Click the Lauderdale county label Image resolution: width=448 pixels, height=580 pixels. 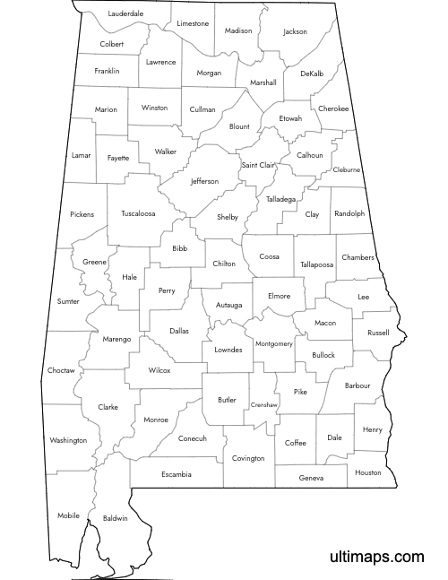click(x=125, y=14)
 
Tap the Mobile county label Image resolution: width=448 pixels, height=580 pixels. click(x=68, y=515)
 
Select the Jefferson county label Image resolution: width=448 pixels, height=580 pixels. click(x=204, y=181)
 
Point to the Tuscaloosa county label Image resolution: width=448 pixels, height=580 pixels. click(x=138, y=213)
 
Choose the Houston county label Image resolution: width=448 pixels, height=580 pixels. click(x=367, y=472)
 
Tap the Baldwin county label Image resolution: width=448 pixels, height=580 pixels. click(x=116, y=518)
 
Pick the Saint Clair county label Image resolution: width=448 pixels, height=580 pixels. click(x=257, y=165)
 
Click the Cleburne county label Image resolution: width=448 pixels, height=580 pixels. click(x=346, y=169)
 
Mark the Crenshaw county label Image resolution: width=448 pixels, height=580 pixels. click(x=263, y=404)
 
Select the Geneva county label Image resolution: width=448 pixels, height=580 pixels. click(x=311, y=478)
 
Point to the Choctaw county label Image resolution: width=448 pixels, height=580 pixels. click(x=61, y=369)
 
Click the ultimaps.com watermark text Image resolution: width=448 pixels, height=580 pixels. click(x=376, y=558)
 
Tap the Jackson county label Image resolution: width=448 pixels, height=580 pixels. click(x=295, y=31)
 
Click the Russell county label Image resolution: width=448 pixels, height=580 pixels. click(x=378, y=333)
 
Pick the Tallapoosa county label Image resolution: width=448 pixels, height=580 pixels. click(x=316, y=264)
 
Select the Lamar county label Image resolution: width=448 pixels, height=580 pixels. click(x=82, y=155)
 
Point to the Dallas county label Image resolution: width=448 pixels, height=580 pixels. click(x=179, y=331)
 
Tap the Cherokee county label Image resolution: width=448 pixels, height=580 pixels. click(x=333, y=108)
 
